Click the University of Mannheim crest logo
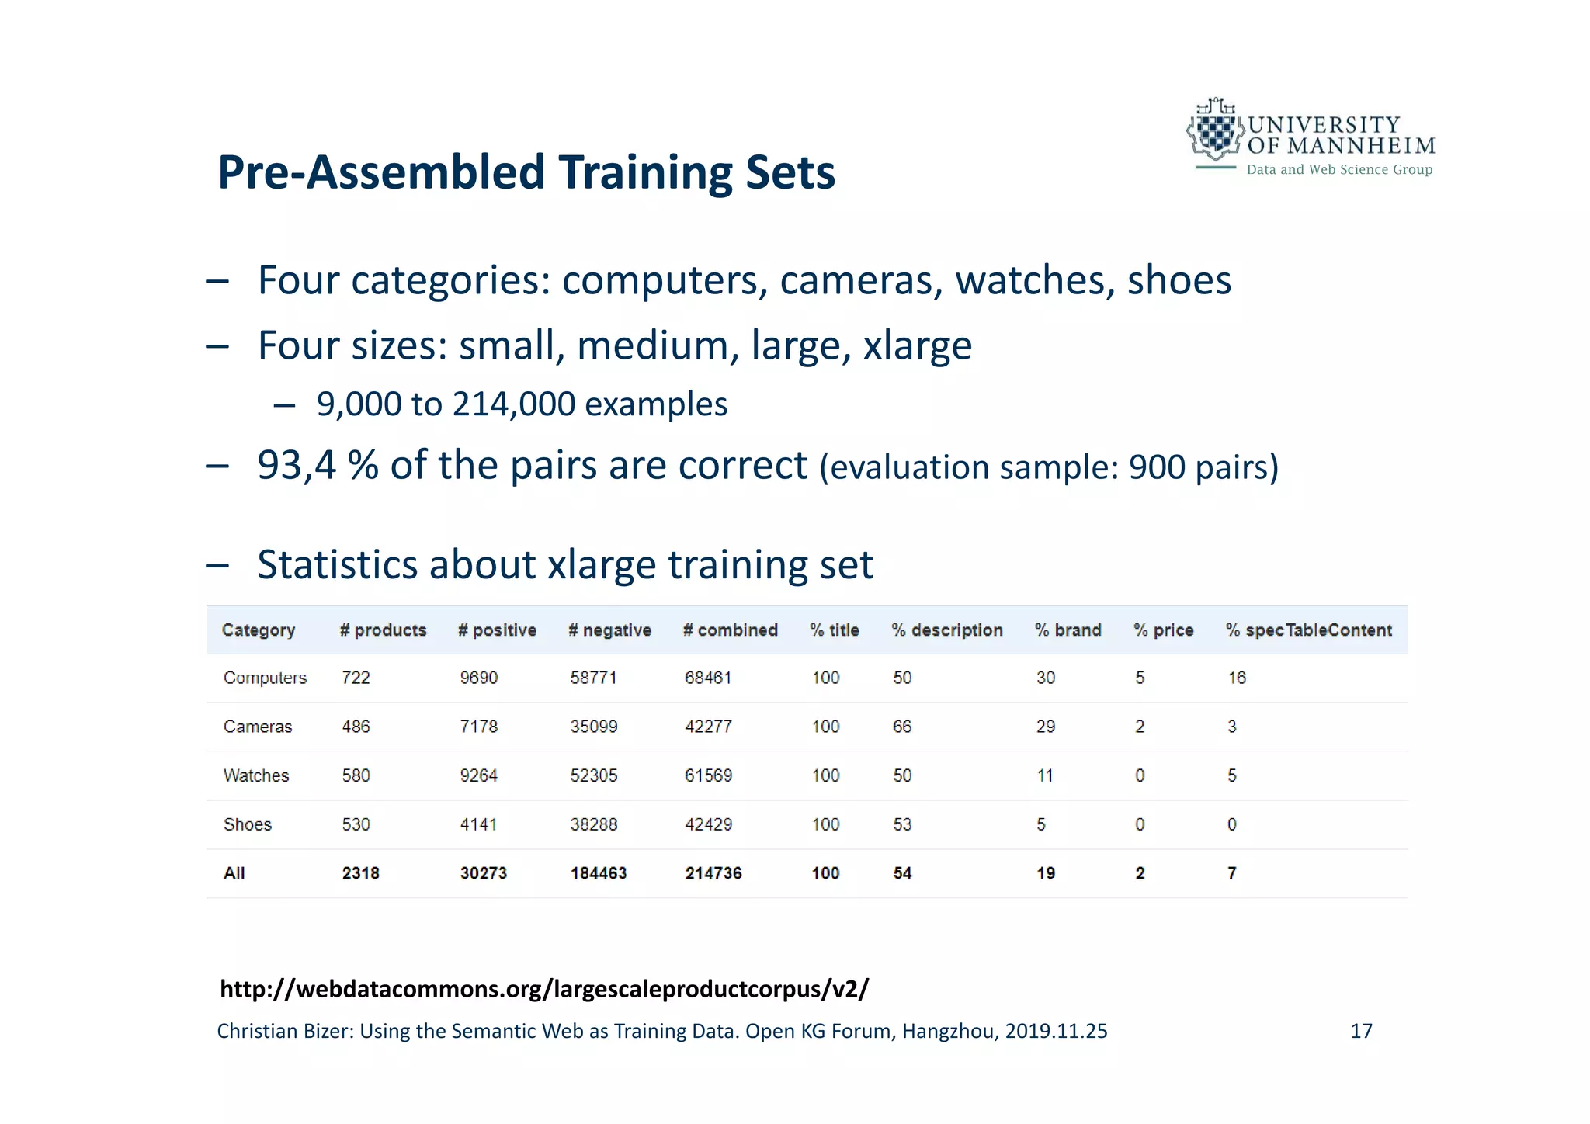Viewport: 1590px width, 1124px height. click(1214, 130)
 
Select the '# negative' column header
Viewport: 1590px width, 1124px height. click(609, 630)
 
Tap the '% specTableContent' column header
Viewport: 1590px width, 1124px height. click(1309, 630)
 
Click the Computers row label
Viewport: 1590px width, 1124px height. click(265, 678)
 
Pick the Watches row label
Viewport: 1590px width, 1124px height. click(256, 775)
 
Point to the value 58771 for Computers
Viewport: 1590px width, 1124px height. click(593, 678)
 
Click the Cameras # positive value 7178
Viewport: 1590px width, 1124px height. click(478, 727)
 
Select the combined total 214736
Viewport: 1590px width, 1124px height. click(713, 873)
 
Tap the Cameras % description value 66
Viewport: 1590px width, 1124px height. click(902, 727)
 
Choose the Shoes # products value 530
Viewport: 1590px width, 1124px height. click(356, 824)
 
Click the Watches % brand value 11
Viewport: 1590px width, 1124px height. click(1045, 775)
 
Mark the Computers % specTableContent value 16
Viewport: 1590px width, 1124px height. click(1237, 678)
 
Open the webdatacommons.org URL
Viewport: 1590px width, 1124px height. click(544, 989)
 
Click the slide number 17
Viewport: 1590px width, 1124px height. click(1361, 1031)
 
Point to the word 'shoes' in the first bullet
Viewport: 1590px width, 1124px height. click(1179, 280)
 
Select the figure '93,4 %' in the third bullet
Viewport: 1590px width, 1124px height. click(318, 466)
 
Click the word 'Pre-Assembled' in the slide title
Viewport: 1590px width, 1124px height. click(381, 172)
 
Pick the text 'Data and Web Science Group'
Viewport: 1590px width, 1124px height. click(1339, 169)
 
